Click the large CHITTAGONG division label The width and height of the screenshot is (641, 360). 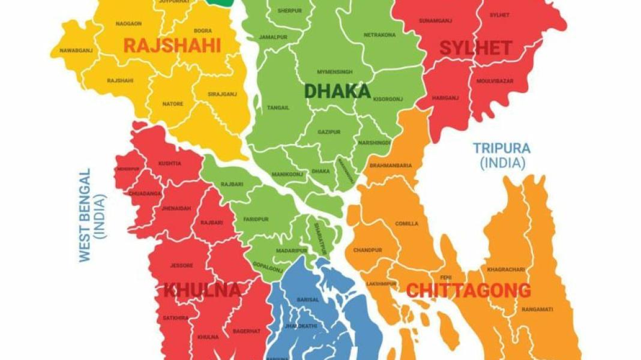point(468,291)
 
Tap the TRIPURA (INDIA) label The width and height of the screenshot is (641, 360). point(502,155)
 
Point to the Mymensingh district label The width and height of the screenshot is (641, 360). point(335,72)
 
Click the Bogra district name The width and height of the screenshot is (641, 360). point(202,31)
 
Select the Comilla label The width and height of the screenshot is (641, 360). point(406,224)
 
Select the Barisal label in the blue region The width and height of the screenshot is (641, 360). point(307,299)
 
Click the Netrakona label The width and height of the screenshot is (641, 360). point(379,35)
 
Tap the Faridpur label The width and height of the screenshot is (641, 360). point(255,220)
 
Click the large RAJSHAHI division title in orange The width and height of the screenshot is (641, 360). point(172,46)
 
